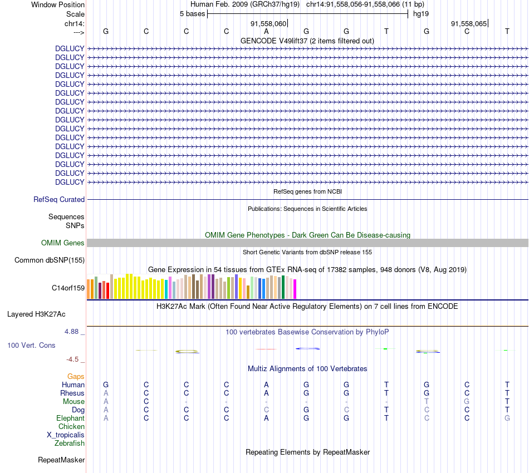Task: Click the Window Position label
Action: pos(58,4)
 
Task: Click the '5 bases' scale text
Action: pos(192,13)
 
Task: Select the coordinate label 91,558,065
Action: pos(469,23)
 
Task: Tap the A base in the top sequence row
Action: pos(267,31)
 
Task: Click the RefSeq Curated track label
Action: pos(59,199)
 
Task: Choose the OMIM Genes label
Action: pos(63,243)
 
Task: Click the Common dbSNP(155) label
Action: pos(50,260)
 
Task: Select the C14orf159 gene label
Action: pos(68,288)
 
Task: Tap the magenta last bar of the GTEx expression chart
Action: pos(295,289)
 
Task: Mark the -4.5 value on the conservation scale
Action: pos(74,359)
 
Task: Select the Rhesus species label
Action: pos(72,393)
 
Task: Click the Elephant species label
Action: pos(70,418)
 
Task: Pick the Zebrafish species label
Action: pos(70,444)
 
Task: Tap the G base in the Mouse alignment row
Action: pos(467,401)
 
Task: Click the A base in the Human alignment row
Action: pos(267,385)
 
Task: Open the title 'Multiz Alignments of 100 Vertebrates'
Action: pos(307,368)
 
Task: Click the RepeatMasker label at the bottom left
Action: pos(61,460)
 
